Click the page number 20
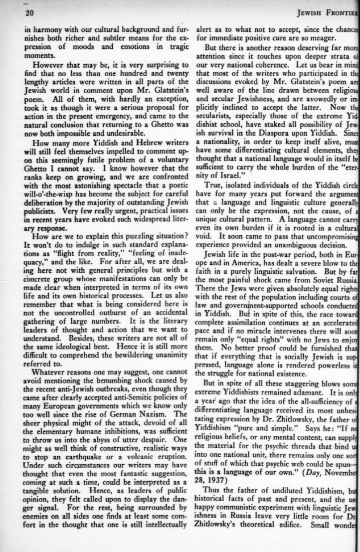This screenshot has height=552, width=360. (29, 13)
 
